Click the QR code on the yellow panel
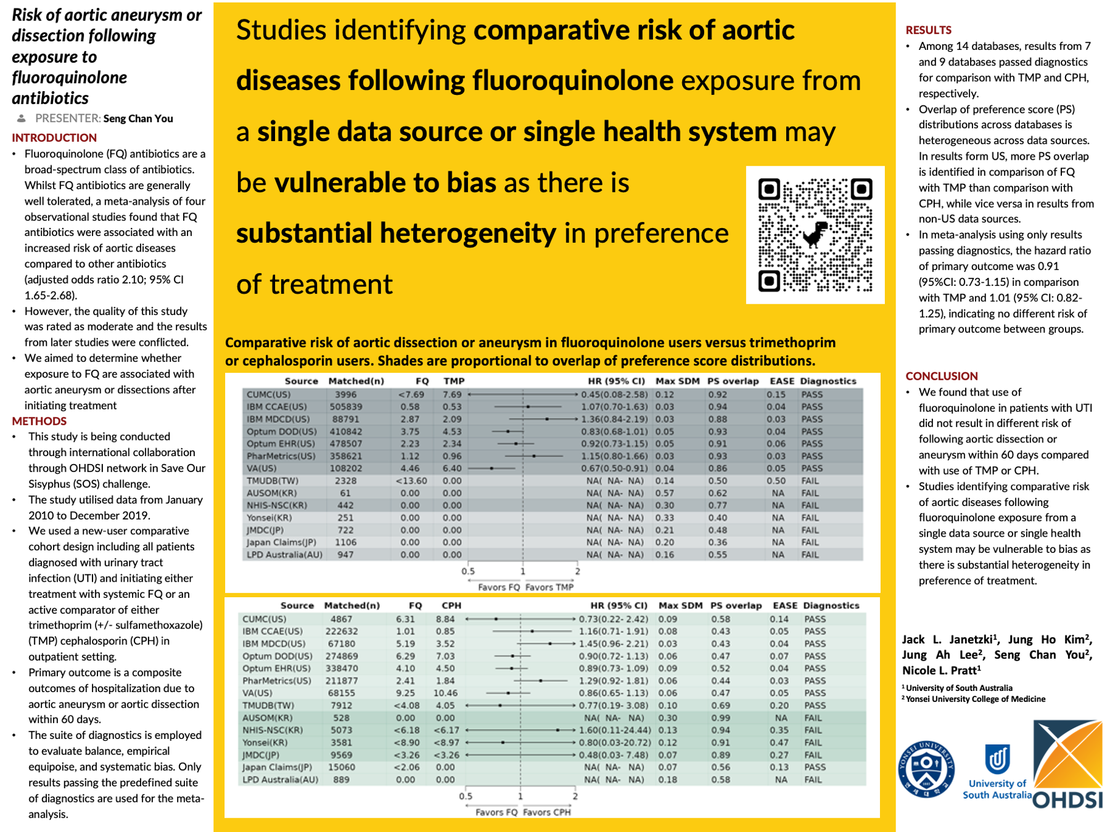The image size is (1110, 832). (x=815, y=235)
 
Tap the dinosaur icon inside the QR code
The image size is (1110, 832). (x=815, y=234)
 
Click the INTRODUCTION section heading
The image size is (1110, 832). (x=54, y=137)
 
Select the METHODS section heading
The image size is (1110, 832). (x=39, y=421)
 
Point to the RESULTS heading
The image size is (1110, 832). (x=928, y=30)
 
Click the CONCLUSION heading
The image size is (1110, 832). (x=941, y=376)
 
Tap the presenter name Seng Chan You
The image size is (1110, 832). (x=138, y=118)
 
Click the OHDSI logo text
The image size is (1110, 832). (x=1067, y=799)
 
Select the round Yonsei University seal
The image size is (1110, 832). (x=926, y=769)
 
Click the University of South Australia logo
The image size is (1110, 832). (x=997, y=770)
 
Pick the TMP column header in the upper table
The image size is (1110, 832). (x=454, y=381)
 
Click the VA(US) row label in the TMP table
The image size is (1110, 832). (x=261, y=468)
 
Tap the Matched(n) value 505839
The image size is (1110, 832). (x=345, y=407)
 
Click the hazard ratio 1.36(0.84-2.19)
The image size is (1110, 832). (x=614, y=419)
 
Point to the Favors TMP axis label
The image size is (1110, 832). (x=549, y=587)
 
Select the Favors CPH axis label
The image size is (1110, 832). (x=546, y=812)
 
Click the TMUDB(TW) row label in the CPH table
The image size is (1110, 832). (x=268, y=705)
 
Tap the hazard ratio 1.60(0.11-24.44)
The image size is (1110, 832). (x=615, y=730)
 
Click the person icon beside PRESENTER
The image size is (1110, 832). (x=22, y=118)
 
